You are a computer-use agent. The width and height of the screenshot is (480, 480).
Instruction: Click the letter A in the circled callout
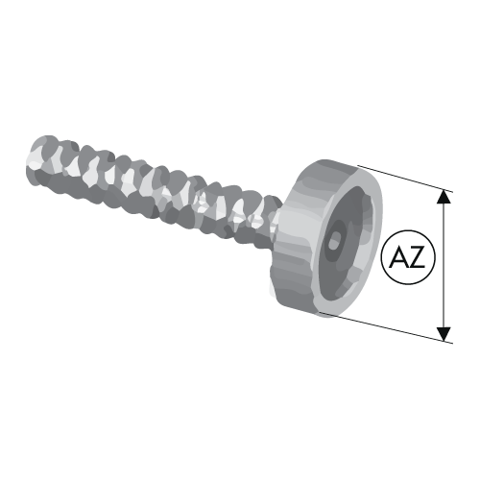[x=398, y=257]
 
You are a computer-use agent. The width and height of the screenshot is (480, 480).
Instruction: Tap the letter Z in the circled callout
[x=417, y=257]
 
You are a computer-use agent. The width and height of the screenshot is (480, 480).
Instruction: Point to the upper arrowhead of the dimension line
[x=444, y=197]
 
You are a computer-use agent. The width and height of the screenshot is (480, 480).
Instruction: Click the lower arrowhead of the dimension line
[x=444, y=334]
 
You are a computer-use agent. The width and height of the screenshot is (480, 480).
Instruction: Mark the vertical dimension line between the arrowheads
[x=444, y=265]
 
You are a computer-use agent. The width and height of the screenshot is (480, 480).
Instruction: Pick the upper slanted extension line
[x=405, y=179]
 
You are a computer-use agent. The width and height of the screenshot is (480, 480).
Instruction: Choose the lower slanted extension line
[x=386, y=327]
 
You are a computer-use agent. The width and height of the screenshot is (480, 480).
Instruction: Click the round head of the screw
[x=326, y=238]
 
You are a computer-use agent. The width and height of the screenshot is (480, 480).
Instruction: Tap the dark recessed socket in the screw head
[x=348, y=243]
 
